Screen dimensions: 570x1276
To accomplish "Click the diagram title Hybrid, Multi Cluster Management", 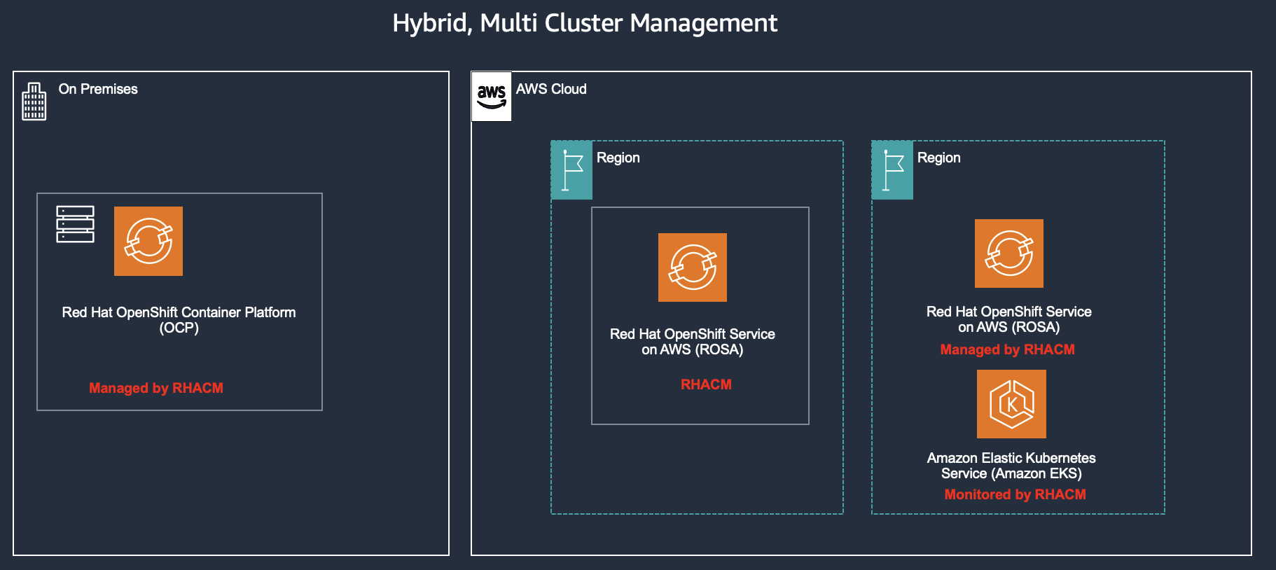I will pyautogui.click(x=585, y=23).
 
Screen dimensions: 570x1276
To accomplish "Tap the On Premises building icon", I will pyautogui.click(x=34, y=102).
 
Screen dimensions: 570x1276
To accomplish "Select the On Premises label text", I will pyautogui.click(x=98, y=89).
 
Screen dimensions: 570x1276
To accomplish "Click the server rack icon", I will pyautogui.click(x=75, y=224).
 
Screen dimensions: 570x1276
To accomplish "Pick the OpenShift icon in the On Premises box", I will pyautogui.click(x=148, y=241).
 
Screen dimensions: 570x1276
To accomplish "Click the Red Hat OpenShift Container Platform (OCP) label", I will pyautogui.click(x=179, y=320).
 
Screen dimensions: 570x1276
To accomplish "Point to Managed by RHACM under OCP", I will pyautogui.click(x=155, y=388).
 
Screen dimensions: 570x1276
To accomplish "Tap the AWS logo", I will pyautogui.click(x=492, y=97).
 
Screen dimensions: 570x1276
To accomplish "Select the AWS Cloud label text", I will pyautogui.click(x=551, y=89).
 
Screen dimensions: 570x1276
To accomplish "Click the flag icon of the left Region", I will pyautogui.click(x=571, y=170).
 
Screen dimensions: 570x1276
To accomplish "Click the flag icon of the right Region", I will pyautogui.click(x=892, y=170).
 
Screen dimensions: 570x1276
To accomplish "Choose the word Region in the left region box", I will pyautogui.click(x=618, y=158).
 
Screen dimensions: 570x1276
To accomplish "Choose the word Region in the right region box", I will pyautogui.click(x=938, y=158).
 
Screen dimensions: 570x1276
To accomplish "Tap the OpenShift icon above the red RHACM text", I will pyautogui.click(x=693, y=267).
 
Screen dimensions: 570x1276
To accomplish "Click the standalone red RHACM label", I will pyautogui.click(x=706, y=384).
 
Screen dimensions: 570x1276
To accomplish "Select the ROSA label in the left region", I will pyautogui.click(x=692, y=342).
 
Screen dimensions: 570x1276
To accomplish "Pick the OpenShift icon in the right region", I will pyautogui.click(x=1009, y=253).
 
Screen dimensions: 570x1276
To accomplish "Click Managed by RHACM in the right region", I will pyautogui.click(x=1007, y=349).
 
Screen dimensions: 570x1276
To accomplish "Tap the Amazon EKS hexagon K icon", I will pyautogui.click(x=1011, y=404).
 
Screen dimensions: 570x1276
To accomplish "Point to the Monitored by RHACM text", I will pyautogui.click(x=1015, y=494).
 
